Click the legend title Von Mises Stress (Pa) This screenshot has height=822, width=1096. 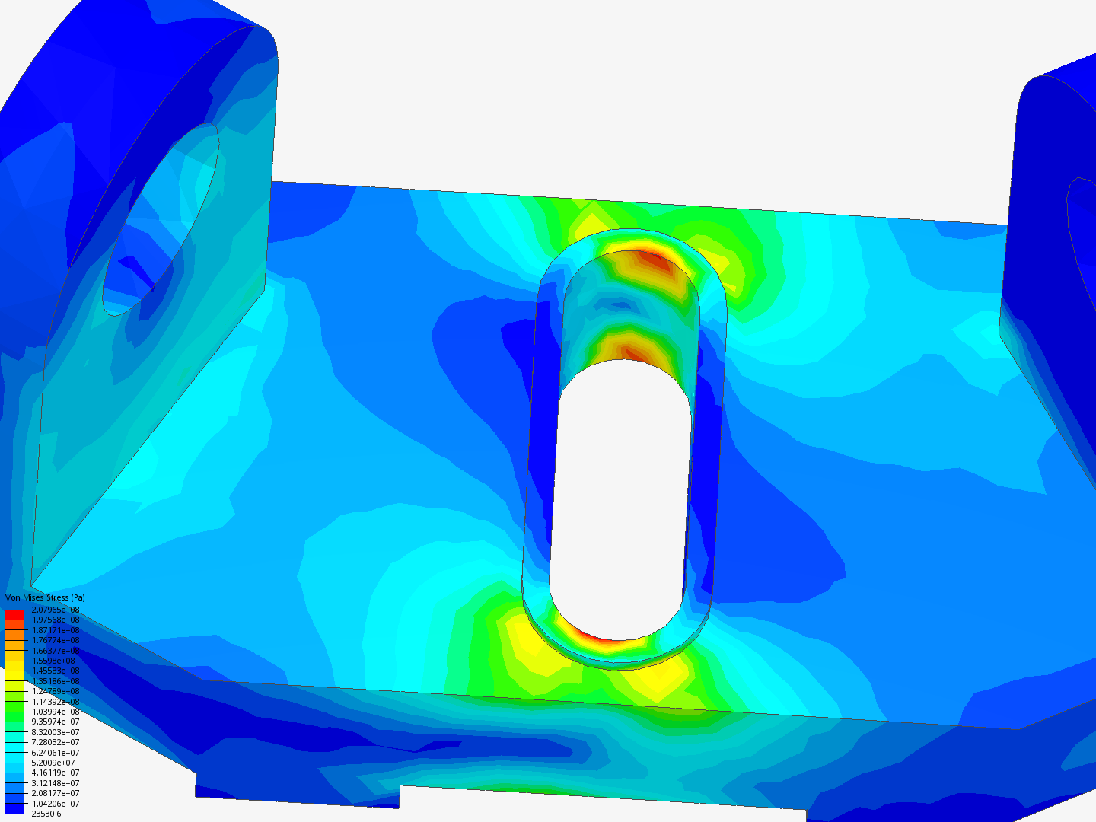[45, 597]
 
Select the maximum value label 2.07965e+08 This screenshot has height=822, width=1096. [56, 610]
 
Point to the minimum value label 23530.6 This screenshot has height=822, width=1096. [46, 814]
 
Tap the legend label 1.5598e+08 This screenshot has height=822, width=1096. [53, 661]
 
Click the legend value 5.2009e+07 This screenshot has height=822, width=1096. [53, 763]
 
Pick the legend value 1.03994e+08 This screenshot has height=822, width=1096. [56, 712]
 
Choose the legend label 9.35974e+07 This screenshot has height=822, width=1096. [56, 722]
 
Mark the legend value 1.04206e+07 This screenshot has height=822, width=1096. [56, 804]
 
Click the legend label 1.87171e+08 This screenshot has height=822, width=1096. [56, 630]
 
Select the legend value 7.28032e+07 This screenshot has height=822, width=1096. [56, 742]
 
